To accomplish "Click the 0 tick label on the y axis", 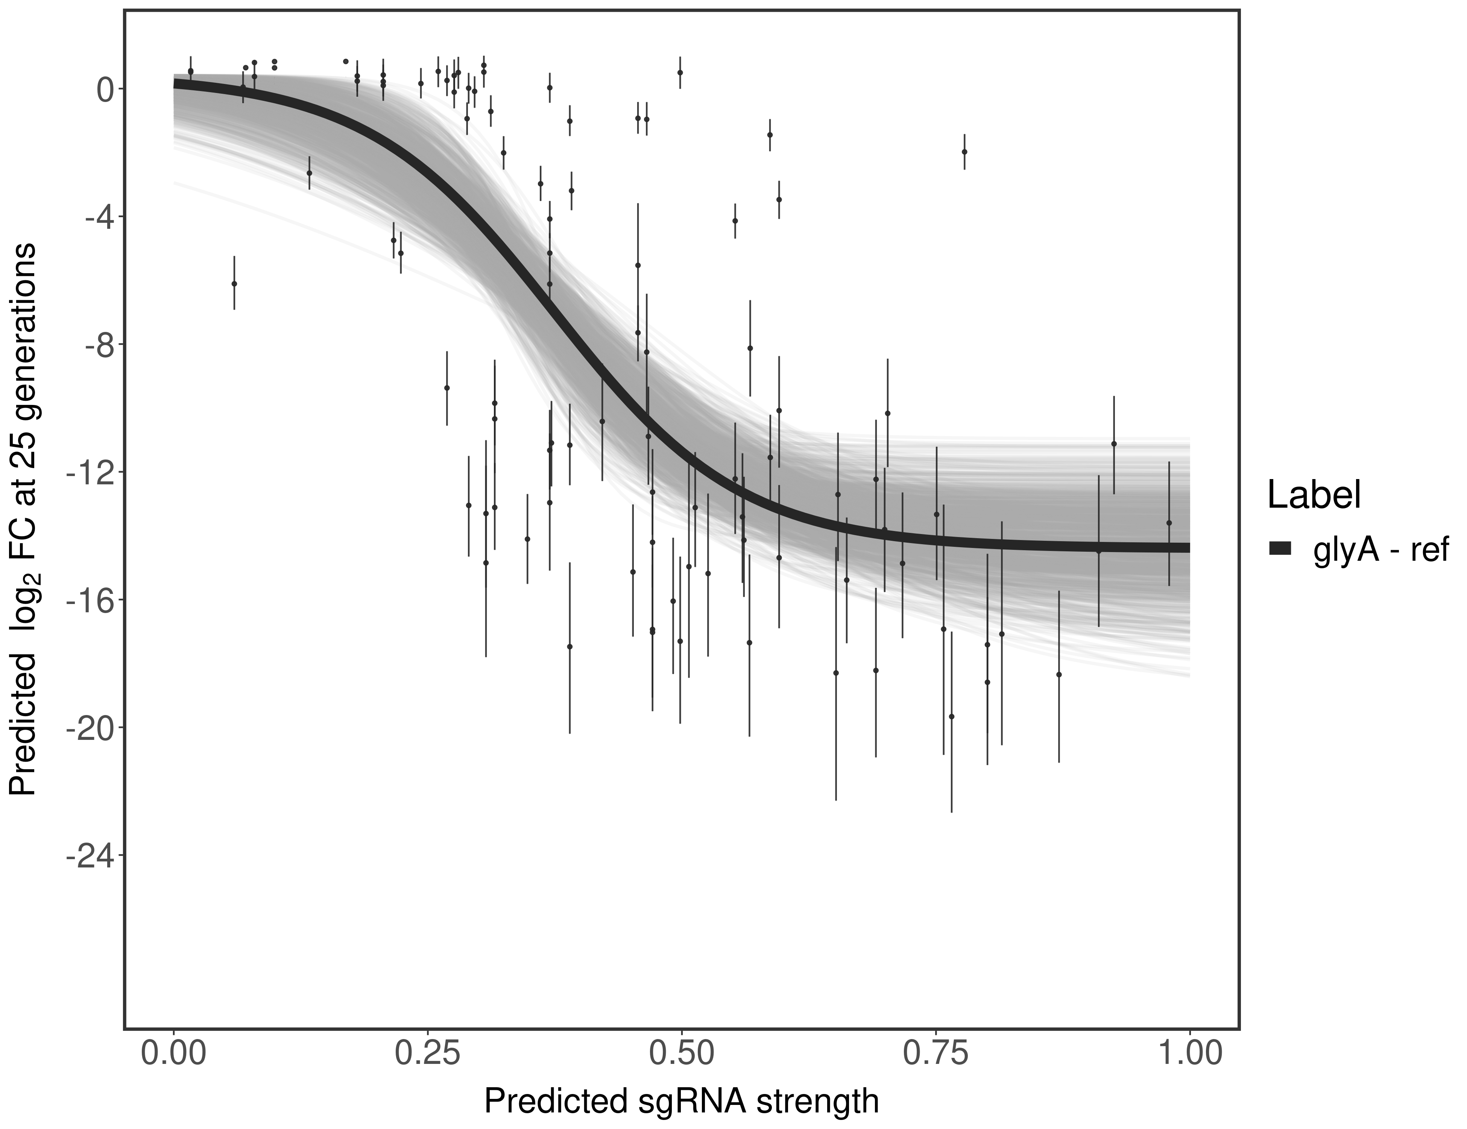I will (x=105, y=90).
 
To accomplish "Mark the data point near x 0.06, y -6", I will (x=234, y=284).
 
